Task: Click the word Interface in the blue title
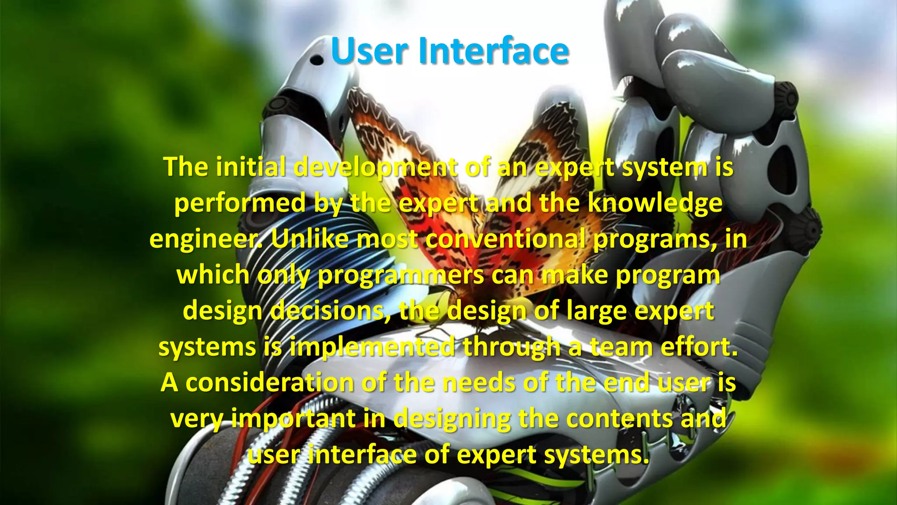(494, 51)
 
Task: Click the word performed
(240, 203)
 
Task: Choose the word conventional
(505, 239)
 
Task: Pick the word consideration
(269, 383)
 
